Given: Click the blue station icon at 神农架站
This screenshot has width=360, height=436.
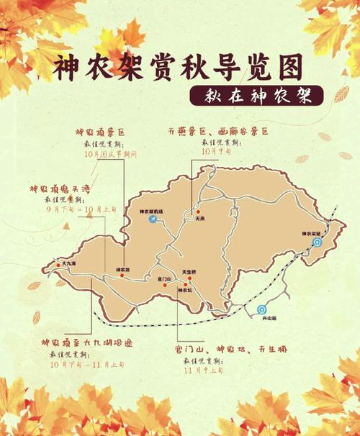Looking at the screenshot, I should tap(317, 243).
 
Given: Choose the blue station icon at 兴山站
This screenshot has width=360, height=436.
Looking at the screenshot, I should tap(260, 310).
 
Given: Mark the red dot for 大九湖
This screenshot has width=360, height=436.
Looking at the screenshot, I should tap(58, 266).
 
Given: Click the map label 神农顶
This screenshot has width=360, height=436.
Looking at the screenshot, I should tap(122, 271).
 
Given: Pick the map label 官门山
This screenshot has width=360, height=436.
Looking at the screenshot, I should tap(163, 271).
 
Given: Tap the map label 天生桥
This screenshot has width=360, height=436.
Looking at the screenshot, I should tap(189, 272).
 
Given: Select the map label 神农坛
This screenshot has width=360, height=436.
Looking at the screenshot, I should tap(184, 290).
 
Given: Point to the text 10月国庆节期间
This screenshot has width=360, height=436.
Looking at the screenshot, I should tap(110, 154).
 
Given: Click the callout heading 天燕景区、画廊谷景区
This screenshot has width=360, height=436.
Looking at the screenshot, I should tap(216, 132).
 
